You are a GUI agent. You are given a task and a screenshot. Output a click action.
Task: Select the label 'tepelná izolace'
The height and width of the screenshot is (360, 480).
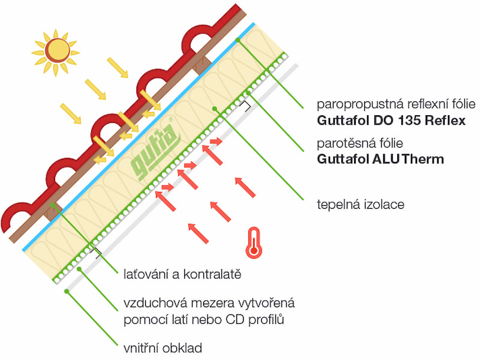pos(360,205)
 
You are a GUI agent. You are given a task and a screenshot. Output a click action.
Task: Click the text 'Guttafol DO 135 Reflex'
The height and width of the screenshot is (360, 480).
pos(391,121)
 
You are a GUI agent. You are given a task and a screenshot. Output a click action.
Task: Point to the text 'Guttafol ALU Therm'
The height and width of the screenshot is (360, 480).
pos(380,159)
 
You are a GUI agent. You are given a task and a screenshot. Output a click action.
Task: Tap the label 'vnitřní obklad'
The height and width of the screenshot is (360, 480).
pos(162,347)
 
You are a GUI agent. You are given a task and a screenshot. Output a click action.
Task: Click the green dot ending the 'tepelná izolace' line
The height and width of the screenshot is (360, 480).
pos(215,108)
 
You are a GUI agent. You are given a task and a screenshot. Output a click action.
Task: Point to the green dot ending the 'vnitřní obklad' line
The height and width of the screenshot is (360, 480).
pos(67,292)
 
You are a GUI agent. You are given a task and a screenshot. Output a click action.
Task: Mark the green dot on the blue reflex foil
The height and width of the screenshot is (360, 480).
pos(238,40)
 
